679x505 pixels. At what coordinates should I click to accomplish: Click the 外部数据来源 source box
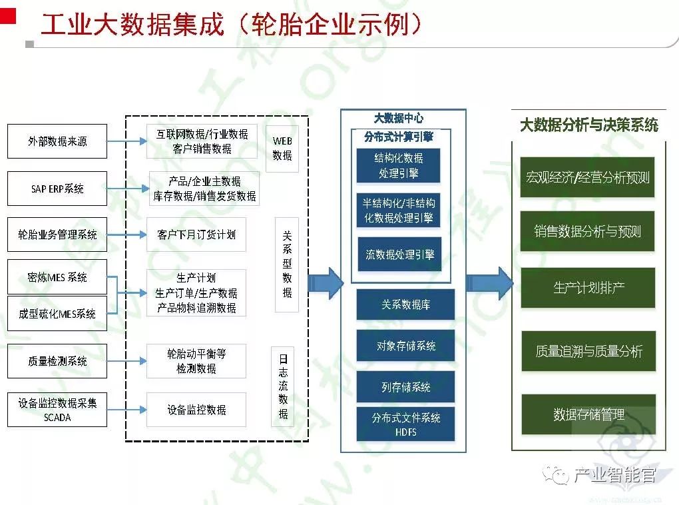57,141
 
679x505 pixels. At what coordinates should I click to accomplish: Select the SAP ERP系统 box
57,189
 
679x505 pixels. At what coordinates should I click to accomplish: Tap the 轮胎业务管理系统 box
57,235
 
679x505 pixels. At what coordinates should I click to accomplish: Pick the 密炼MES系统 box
57,277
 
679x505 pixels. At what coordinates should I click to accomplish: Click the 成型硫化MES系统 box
57,314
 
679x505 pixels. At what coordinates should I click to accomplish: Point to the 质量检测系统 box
57,361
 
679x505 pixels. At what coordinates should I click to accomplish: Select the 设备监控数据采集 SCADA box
57,410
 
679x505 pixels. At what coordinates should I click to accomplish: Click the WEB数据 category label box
282,149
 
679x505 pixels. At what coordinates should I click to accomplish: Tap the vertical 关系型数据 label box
287,264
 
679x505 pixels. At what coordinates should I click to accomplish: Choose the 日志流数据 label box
283,386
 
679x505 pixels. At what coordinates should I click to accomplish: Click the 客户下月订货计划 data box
196,235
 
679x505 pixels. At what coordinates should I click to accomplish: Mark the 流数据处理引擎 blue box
399,254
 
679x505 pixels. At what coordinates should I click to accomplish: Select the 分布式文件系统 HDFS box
406,424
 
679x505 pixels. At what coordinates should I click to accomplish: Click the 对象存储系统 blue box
406,346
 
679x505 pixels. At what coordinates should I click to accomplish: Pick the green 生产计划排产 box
588,288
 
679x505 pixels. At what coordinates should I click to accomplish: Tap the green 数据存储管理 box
588,414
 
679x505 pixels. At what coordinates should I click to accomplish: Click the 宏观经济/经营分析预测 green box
588,178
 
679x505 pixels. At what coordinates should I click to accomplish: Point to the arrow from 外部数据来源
126,141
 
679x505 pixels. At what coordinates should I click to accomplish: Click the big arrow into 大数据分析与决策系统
489,283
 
